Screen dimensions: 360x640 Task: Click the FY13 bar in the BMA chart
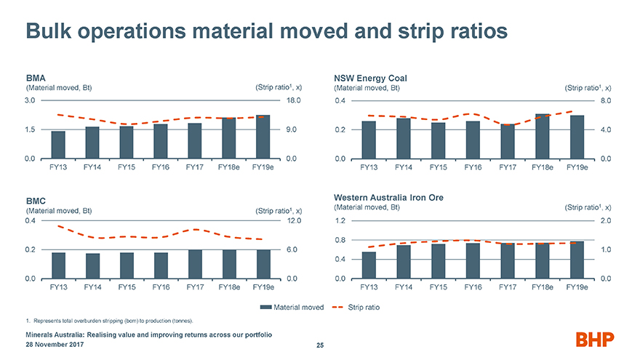tap(58, 145)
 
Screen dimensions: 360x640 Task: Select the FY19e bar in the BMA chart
tap(263, 137)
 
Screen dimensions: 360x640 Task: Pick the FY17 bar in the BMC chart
tap(195, 264)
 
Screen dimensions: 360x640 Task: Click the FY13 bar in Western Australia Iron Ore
tap(369, 265)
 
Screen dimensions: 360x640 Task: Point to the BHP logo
tap(594, 339)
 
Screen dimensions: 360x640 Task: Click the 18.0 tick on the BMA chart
tap(294, 101)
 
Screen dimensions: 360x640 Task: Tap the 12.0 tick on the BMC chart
tap(294, 221)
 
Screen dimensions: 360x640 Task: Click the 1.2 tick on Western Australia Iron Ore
tap(340, 221)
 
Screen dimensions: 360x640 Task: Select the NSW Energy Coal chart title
tap(370, 78)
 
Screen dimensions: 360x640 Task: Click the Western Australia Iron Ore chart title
tap(388, 197)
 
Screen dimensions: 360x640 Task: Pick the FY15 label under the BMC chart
tap(127, 287)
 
